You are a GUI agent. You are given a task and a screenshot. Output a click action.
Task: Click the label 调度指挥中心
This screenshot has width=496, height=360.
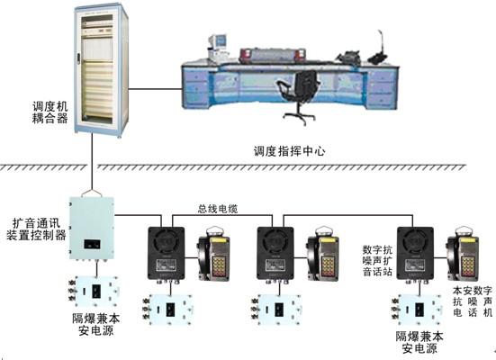pyautogui.click(x=289, y=151)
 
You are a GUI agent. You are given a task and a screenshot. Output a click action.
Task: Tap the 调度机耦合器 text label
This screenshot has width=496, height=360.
pyautogui.click(x=50, y=112)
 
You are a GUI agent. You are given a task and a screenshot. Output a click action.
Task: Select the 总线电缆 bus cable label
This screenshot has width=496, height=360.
pyautogui.click(x=218, y=209)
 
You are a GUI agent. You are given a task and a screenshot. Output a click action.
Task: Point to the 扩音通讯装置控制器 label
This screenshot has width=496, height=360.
pyautogui.click(x=36, y=229)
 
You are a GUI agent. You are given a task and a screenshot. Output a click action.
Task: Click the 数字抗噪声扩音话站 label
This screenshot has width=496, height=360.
pyautogui.click(x=377, y=261)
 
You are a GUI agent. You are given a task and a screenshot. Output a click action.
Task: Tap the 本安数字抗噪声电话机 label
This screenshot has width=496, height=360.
pyautogui.click(x=473, y=301)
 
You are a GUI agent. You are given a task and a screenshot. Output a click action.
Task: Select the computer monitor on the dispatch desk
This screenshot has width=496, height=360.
pyautogui.click(x=217, y=42)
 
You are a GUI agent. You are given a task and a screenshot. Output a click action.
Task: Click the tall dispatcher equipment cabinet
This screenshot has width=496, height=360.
pyautogui.click(x=101, y=71)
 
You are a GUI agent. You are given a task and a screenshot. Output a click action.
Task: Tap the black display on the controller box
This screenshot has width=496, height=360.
pyautogui.click(x=93, y=244)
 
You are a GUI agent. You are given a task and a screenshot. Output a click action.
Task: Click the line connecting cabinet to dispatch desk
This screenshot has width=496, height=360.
pyautogui.click(x=155, y=89)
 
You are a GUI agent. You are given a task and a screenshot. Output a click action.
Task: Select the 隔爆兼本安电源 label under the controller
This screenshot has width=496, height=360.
pyautogui.click(x=95, y=324)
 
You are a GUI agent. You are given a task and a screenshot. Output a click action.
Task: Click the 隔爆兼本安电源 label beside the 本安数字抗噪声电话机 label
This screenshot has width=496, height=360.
pyautogui.click(x=419, y=342)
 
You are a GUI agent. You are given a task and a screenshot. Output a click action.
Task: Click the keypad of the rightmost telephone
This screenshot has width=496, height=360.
pyautogui.click(x=467, y=266)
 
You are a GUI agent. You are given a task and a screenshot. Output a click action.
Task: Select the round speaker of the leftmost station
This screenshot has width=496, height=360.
pyautogui.click(x=167, y=242)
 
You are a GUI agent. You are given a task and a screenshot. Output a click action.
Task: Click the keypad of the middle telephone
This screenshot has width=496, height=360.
pyautogui.click(x=328, y=266)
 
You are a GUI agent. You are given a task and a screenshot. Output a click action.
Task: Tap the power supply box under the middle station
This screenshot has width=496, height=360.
pyautogui.click(x=276, y=310)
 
